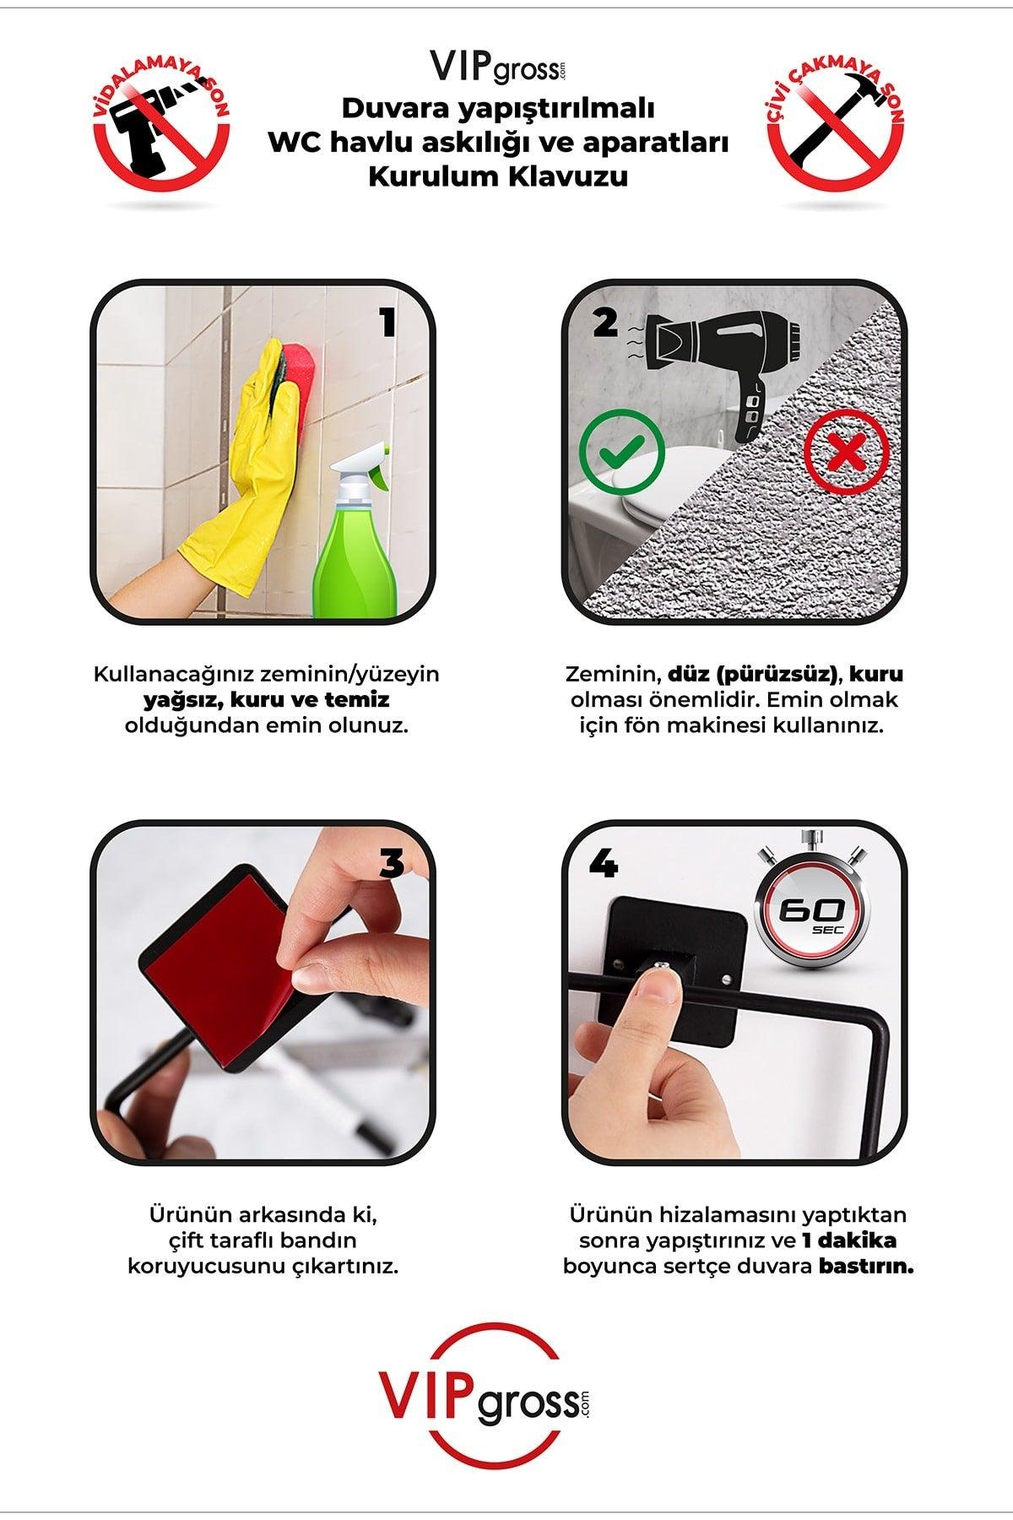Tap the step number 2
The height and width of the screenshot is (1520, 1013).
click(604, 321)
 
